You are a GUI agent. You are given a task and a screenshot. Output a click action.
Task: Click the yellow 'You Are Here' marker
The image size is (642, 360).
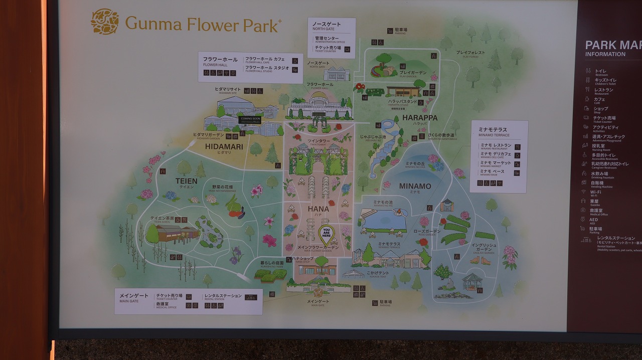pos(326,234)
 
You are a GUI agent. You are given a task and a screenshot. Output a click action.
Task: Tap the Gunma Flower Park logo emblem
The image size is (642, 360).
pos(104,22)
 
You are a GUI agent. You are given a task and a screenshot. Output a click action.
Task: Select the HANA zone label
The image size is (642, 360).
pos(318,209)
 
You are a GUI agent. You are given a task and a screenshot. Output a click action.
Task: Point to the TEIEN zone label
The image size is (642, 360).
pos(186,181)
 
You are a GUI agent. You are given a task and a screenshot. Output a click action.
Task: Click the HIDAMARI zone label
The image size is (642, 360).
pos(224,147)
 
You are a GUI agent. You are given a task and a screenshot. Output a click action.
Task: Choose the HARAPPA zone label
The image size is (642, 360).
pos(420,118)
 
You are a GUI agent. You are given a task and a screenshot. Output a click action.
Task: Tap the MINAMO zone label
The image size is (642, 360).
pos(415,186)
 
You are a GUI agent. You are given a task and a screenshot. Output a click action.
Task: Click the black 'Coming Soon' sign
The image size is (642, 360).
pos(250,120)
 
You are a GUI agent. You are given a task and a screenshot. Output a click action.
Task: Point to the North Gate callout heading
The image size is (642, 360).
pos(326,25)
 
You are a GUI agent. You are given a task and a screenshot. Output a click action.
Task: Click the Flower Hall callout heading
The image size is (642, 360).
pos(220,60)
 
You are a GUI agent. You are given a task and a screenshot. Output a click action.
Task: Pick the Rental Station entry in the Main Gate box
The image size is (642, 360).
pos(223,296)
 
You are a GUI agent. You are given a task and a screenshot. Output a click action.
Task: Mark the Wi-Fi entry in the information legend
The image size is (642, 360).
pos(595,192)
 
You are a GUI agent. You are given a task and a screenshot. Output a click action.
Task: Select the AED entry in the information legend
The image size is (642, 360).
pos(593,220)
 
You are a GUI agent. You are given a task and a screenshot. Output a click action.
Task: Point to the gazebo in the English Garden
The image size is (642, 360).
pos(471,282)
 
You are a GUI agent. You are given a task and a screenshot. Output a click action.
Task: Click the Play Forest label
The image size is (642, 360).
pos(470,53)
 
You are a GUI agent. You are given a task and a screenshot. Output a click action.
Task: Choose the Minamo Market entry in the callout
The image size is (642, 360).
pos(496,163)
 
